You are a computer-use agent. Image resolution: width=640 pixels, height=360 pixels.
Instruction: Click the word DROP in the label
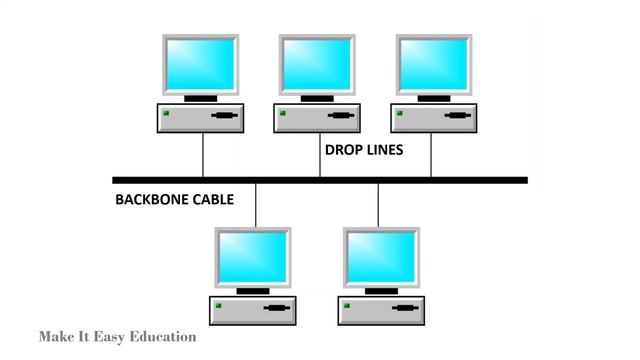(x=342, y=151)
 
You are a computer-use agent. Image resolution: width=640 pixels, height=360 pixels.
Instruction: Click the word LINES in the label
(x=385, y=151)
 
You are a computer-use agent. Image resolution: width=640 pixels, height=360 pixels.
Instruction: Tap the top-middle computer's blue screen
(x=317, y=63)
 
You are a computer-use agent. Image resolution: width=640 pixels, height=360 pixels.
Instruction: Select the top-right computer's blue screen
(x=432, y=63)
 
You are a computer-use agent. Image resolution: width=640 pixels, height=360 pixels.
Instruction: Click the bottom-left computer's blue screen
(x=253, y=255)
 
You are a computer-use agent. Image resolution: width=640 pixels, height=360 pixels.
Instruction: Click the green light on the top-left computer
(x=167, y=112)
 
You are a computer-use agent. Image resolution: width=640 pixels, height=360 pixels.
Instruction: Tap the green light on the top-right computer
(x=397, y=112)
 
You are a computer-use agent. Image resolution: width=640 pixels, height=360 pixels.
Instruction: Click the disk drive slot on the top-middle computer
(x=341, y=118)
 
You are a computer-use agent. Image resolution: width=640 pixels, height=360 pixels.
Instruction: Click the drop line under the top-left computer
(x=203, y=155)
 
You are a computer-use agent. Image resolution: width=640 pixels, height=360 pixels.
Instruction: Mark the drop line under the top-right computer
(x=432, y=155)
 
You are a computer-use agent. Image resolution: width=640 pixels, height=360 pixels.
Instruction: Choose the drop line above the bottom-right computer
(x=378, y=205)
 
